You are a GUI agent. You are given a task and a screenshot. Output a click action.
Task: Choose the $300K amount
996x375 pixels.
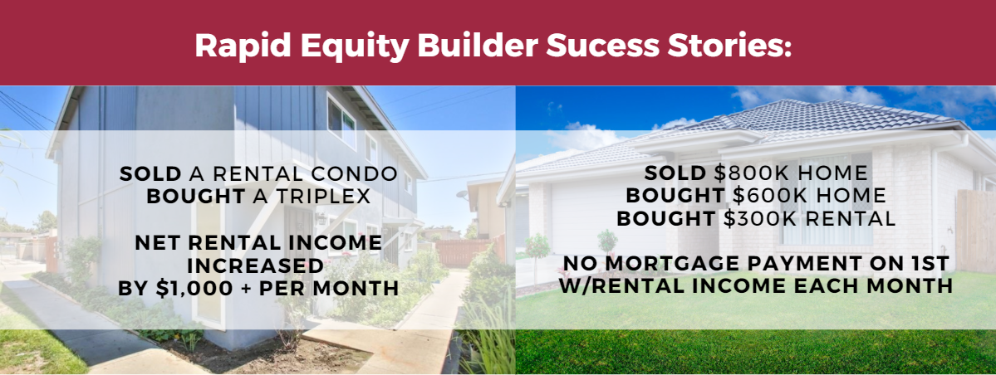click(763, 218)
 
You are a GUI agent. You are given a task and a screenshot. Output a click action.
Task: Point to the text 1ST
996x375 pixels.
click(927, 263)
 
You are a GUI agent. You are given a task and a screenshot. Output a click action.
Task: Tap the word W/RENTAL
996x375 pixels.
click(618, 285)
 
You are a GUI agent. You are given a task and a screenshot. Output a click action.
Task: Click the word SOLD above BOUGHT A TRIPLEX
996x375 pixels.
click(150, 173)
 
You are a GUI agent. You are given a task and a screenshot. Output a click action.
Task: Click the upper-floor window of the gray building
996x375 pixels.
click(341, 121)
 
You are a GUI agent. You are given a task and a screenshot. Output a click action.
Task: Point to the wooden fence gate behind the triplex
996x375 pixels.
click(463, 252)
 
